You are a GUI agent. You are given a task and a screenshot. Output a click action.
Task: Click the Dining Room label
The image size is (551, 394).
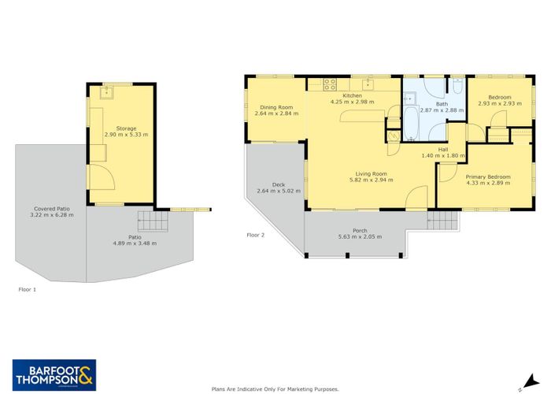click(x=276, y=107)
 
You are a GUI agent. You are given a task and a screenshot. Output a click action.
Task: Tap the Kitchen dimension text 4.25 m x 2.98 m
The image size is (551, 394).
click(x=352, y=102)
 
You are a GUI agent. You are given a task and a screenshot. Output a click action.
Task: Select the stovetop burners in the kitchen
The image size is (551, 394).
click(x=330, y=84)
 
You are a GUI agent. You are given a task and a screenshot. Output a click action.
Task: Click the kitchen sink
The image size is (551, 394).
click(x=368, y=84)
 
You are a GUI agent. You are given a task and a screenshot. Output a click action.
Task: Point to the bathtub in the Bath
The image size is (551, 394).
click(x=411, y=124)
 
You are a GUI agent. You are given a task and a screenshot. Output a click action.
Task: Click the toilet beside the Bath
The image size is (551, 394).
click(x=457, y=86)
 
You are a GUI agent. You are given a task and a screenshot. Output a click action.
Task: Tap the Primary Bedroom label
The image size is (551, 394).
click(x=488, y=177)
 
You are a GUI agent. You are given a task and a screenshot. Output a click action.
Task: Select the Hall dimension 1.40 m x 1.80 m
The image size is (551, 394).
click(x=443, y=155)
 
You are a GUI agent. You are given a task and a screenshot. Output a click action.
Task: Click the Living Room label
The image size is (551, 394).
click(x=371, y=174)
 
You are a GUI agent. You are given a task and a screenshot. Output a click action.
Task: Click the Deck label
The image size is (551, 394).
click(x=279, y=184)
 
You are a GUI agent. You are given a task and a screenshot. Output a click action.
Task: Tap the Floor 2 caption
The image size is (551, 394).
click(x=256, y=235)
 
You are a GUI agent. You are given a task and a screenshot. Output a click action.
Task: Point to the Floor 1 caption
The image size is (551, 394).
click(x=27, y=289)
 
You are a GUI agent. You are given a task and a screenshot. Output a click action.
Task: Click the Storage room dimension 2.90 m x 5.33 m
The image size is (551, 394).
click(x=126, y=135)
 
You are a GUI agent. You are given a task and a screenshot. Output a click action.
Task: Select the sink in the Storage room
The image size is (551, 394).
click(x=106, y=93)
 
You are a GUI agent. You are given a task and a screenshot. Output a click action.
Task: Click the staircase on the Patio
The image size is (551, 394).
click(x=153, y=221)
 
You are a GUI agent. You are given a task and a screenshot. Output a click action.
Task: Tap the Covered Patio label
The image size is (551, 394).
click(x=52, y=209)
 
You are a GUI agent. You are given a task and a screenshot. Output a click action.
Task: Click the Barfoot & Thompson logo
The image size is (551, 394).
click(x=54, y=375)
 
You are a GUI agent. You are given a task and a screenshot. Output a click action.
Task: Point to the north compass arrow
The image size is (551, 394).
click(x=531, y=381)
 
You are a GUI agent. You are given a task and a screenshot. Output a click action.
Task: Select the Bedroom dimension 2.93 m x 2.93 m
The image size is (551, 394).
click(x=500, y=103)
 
